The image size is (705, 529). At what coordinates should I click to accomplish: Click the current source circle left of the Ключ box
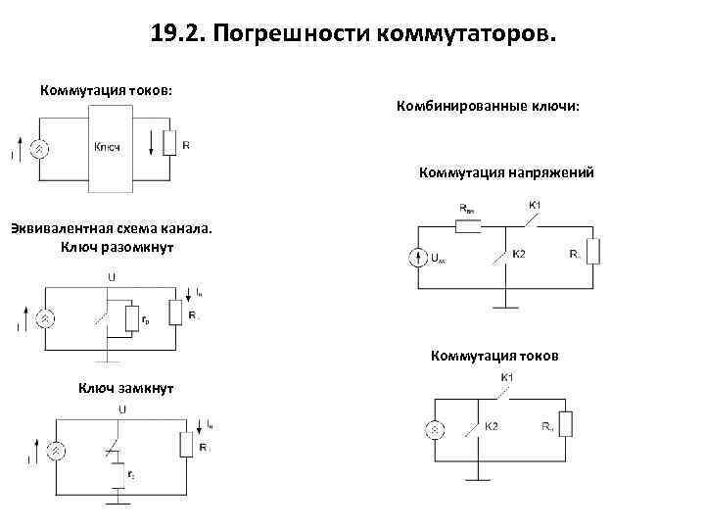[40, 147]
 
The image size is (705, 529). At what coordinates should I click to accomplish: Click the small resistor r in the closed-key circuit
[117, 474]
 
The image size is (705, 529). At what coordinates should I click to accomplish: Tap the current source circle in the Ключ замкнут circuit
[57, 450]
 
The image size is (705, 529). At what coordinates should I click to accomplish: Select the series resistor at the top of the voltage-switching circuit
[467, 224]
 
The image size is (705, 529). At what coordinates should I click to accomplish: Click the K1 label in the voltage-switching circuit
[536, 206]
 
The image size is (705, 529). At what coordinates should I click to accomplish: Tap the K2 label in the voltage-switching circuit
[519, 255]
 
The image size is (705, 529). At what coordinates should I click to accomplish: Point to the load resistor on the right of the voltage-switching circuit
[592, 252]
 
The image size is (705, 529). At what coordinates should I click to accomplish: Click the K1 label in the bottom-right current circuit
[508, 378]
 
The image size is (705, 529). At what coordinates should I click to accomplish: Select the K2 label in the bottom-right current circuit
[492, 425]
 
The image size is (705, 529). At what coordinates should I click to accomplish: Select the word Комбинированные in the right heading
[458, 105]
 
